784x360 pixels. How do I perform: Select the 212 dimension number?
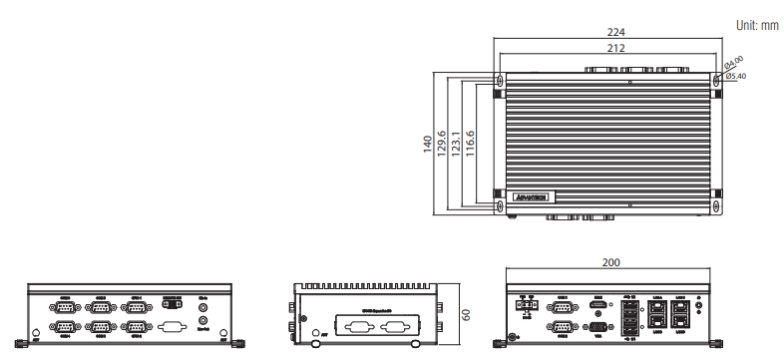coord(607,47)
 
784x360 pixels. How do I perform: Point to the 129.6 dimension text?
coord(443,144)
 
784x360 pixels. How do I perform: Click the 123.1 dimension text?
coord(456,144)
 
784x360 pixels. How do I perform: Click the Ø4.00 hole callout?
coord(734,63)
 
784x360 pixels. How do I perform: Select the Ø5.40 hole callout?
coord(738,77)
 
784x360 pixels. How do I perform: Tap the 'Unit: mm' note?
coord(756,25)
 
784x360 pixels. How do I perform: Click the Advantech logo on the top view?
coord(535,196)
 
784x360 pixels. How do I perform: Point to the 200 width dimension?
coord(610,262)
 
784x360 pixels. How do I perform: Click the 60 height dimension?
coord(465,315)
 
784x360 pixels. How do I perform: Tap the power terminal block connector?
coord(527,307)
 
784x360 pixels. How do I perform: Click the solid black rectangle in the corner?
coord(74,34)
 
